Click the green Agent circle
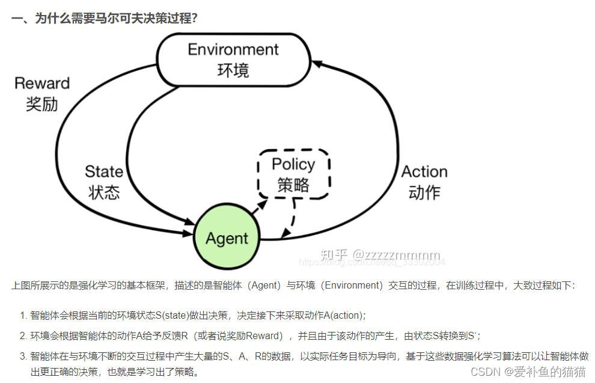[227, 237]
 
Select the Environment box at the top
[233, 60]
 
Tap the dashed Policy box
[293, 174]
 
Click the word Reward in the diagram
[42, 84]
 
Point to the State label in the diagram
[104, 171]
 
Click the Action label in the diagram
[424, 171]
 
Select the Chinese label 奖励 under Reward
[42, 103]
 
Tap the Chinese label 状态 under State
[104, 192]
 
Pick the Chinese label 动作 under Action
[424, 192]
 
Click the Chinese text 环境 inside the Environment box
[233, 70]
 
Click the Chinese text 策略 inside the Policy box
[293, 185]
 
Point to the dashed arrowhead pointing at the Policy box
[262, 205]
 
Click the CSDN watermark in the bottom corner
[527, 372]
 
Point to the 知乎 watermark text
[334, 254]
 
